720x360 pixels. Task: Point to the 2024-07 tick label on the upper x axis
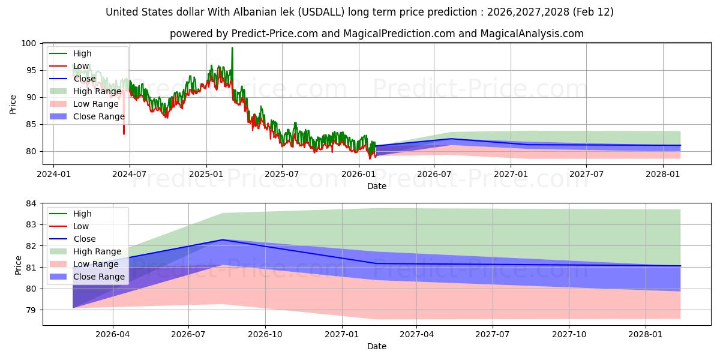(130, 175)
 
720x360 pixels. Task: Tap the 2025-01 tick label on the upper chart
(206, 175)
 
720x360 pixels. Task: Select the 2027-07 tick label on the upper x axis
(587, 175)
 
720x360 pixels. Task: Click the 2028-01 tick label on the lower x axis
(646, 335)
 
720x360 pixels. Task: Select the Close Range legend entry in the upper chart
(98, 116)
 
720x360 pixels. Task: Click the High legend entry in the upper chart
(83, 53)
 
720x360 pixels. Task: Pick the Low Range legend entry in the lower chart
(95, 264)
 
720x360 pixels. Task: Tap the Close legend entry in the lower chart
(84, 239)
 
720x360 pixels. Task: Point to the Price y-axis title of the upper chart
(13, 103)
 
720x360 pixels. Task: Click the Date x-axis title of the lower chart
(377, 346)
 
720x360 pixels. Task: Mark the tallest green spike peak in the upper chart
(232, 48)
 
